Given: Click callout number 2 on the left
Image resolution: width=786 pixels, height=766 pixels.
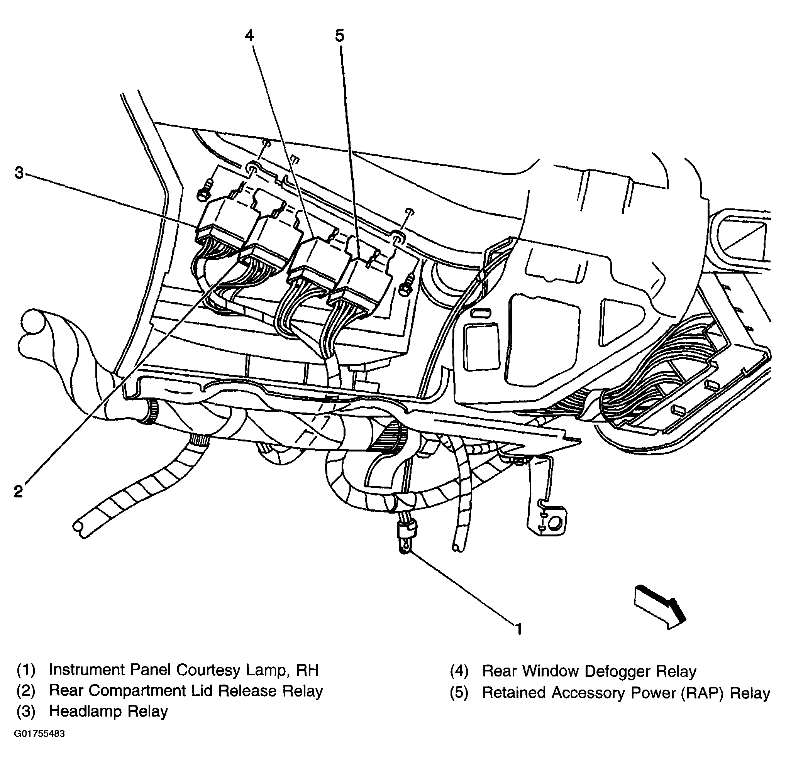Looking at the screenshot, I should (19, 491).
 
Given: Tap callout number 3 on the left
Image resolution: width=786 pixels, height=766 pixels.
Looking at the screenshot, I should (19, 173).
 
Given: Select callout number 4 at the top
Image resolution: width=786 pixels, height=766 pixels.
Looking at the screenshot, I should (249, 36).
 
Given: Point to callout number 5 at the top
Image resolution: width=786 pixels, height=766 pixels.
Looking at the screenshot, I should (340, 36).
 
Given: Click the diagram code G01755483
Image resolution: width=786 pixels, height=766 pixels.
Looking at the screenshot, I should (39, 734).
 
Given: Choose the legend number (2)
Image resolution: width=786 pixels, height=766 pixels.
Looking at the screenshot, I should (26, 691).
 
